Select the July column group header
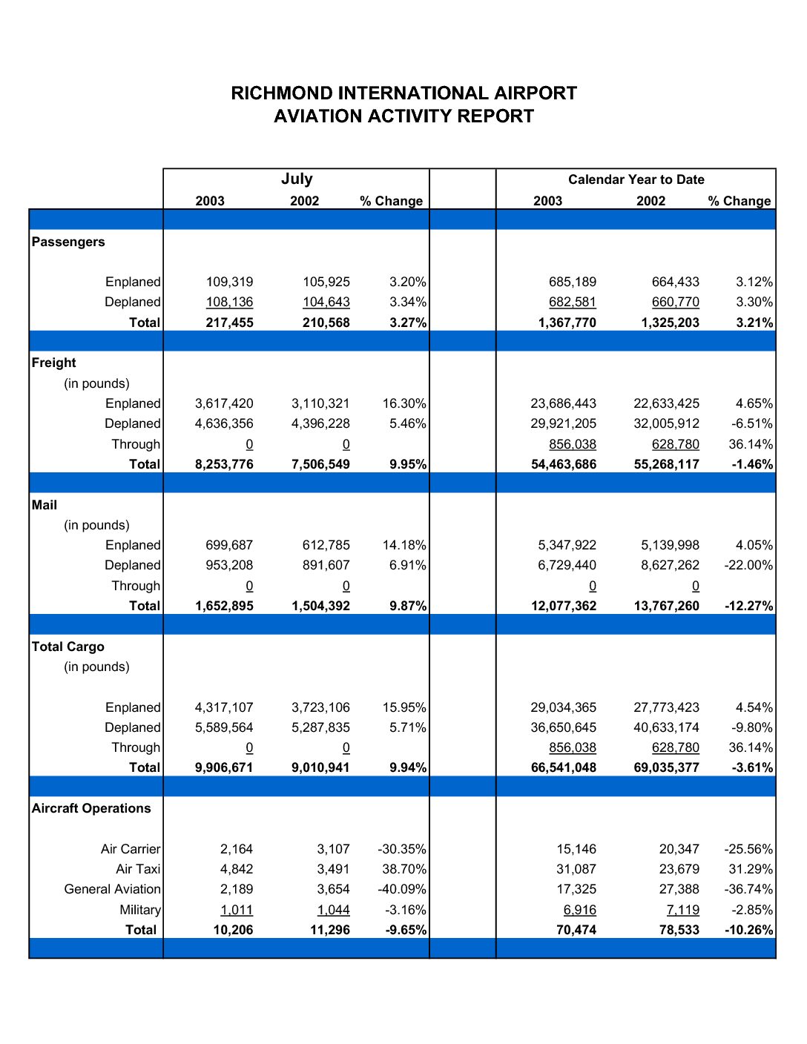tap(297, 179)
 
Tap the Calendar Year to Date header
tap(636, 179)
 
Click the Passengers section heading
tap(67, 242)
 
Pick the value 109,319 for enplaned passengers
tap(229, 282)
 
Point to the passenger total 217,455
tap(229, 323)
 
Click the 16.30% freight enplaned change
tap(404, 403)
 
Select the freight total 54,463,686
tap(563, 464)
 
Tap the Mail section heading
tap(45, 505)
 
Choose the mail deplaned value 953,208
tap(229, 565)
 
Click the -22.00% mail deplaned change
tap(748, 565)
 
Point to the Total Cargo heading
tap(67, 647)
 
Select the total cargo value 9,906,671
tap(224, 767)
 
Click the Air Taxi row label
tap(138, 869)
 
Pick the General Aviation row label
tap(113, 889)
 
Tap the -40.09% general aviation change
tap(402, 889)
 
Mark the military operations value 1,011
tap(237, 910)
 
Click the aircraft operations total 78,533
tap(679, 930)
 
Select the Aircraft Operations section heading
tap(91, 808)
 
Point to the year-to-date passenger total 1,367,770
tap(567, 323)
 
